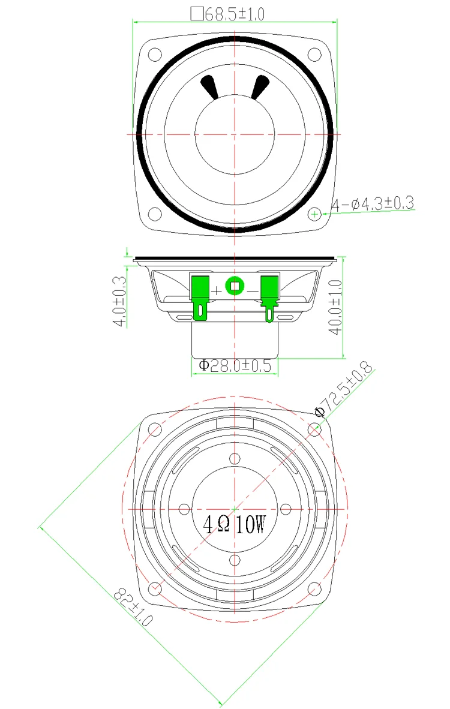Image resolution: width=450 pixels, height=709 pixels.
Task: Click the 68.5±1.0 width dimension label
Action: (234, 14)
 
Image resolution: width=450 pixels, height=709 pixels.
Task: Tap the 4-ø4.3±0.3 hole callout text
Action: (373, 204)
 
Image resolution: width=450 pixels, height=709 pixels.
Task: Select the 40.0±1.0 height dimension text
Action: (335, 307)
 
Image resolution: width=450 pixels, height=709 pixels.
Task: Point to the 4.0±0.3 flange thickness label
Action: (119, 301)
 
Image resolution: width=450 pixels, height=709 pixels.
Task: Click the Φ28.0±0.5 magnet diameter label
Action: (235, 365)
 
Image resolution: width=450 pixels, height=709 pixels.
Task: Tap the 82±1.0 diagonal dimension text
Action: (133, 606)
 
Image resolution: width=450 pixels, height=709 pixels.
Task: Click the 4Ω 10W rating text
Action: (234, 524)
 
